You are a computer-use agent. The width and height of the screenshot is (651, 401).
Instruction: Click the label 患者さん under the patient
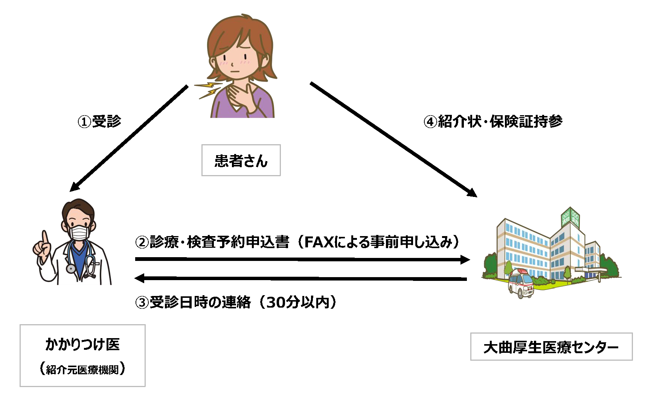tap(241, 161)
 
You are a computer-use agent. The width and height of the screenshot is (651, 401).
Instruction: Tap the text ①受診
tap(99, 121)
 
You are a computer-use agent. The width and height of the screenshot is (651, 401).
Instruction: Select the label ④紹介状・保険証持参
tap(493, 121)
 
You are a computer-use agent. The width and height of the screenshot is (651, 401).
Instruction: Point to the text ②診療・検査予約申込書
tap(212, 242)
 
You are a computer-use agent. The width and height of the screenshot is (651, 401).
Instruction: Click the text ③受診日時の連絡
tap(193, 302)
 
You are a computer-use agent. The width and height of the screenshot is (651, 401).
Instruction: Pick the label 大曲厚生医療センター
tap(551, 347)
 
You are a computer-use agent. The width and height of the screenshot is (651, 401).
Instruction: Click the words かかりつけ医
tap(82, 344)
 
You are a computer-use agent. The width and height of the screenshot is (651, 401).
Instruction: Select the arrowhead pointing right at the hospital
tap(465, 259)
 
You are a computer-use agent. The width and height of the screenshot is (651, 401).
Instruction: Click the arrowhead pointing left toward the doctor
tap(140, 278)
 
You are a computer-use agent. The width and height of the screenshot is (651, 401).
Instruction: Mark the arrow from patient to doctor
tap(129, 138)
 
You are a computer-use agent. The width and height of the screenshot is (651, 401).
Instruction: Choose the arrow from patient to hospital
tap(393, 139)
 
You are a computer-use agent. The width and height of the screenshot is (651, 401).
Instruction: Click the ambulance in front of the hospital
tap(521, 283)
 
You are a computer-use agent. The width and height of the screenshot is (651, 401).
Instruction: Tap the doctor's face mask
tap(79, 232)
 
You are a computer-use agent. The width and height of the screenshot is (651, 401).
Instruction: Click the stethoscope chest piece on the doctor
tap(71, 268)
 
